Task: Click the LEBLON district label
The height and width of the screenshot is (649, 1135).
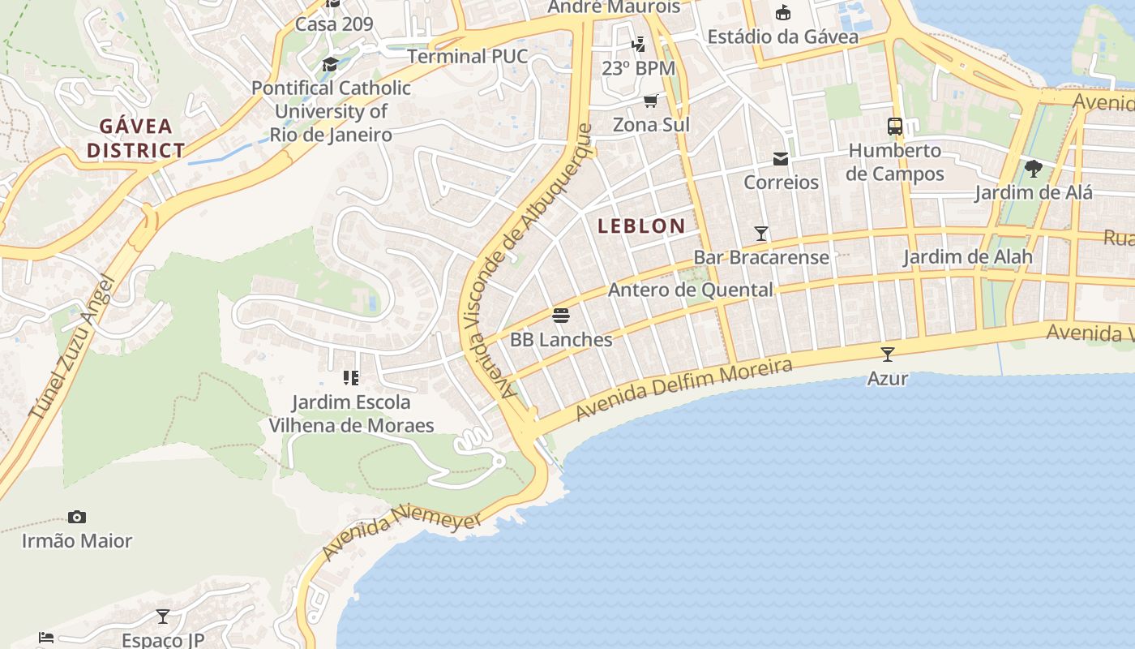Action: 641,226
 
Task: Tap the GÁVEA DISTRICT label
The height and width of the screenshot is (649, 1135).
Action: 136,138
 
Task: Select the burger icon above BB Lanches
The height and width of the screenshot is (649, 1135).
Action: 561,315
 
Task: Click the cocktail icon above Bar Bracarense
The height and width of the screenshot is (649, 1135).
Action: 761,234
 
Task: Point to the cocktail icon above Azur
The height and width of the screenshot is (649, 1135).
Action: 888,355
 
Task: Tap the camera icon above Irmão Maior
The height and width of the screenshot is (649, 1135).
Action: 77,517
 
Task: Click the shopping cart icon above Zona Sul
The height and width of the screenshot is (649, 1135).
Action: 650,101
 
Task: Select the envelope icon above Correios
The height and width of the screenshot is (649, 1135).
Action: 781,158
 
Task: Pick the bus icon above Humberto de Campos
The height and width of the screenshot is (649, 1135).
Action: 895,127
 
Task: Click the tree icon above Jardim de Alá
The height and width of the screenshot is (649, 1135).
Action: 1034,169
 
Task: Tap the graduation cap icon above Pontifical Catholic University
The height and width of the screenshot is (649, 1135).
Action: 330,64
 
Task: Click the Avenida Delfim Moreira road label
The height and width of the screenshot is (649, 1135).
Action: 683,389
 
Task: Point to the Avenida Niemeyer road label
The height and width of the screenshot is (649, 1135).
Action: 402,532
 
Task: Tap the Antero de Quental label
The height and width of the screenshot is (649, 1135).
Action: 690,290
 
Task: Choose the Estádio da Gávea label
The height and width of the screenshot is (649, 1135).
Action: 782,37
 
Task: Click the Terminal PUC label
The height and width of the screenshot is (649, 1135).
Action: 467,57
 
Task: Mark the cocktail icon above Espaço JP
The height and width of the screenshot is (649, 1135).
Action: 163,617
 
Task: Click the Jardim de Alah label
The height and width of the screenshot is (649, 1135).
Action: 968,257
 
